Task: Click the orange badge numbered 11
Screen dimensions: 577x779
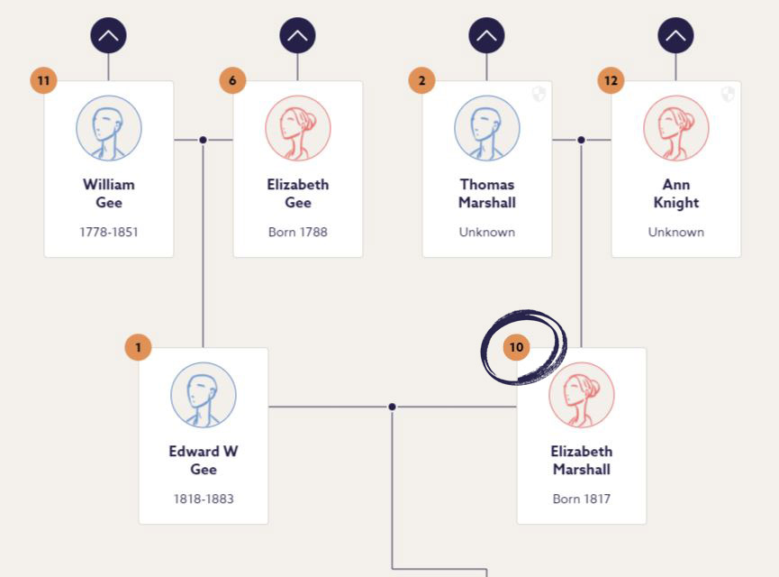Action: click(43, 80)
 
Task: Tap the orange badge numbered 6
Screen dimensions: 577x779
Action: click(232, 80)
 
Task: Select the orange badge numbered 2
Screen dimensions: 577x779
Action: click(421, 80)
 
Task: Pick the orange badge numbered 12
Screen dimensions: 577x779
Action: click(611, 80)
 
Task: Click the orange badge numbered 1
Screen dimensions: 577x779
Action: click(138, 347)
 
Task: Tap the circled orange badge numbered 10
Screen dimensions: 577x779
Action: click(516, 347)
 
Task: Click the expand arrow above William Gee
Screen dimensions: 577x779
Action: click(108, 36)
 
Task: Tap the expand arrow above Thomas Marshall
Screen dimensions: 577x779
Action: click(486, 36)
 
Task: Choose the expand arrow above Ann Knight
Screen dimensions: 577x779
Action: click(675, 36)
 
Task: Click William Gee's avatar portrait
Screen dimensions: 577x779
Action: click(108, 128)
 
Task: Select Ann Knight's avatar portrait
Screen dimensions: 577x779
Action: click(675, 128)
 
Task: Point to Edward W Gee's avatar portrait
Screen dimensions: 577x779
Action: click(204, 395)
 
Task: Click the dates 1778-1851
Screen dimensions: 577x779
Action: click(109, 232)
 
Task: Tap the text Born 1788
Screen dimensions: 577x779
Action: click(298, 232)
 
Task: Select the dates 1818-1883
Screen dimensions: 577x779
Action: click(204, 499)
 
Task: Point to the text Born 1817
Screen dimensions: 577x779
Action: click(582, 499)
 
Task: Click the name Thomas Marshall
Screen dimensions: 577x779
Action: click(487, 193)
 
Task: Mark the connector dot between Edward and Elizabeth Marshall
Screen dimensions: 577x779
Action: click(392, 407)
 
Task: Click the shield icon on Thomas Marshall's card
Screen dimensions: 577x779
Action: click(539, 94)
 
